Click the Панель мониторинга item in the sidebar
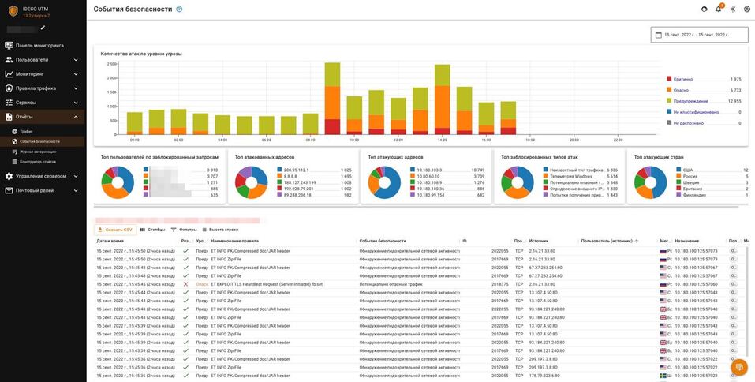point(39,46)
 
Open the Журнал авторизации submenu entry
point(38,152)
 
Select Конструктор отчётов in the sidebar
point(38,162)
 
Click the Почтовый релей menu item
point(36,190)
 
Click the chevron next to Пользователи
point(76,60)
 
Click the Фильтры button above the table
point(184,230)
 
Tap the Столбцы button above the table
point(152,230)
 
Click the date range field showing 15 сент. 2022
point(699,35)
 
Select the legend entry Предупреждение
point(690,101)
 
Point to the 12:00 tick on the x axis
point(398,140)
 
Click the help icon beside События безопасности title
point(179,9)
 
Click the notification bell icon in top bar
point(719,9)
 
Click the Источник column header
point(539,241)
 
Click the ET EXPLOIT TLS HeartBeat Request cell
point(267,284)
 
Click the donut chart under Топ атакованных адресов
point(251,182)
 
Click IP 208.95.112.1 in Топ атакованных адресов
point(296,170)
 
